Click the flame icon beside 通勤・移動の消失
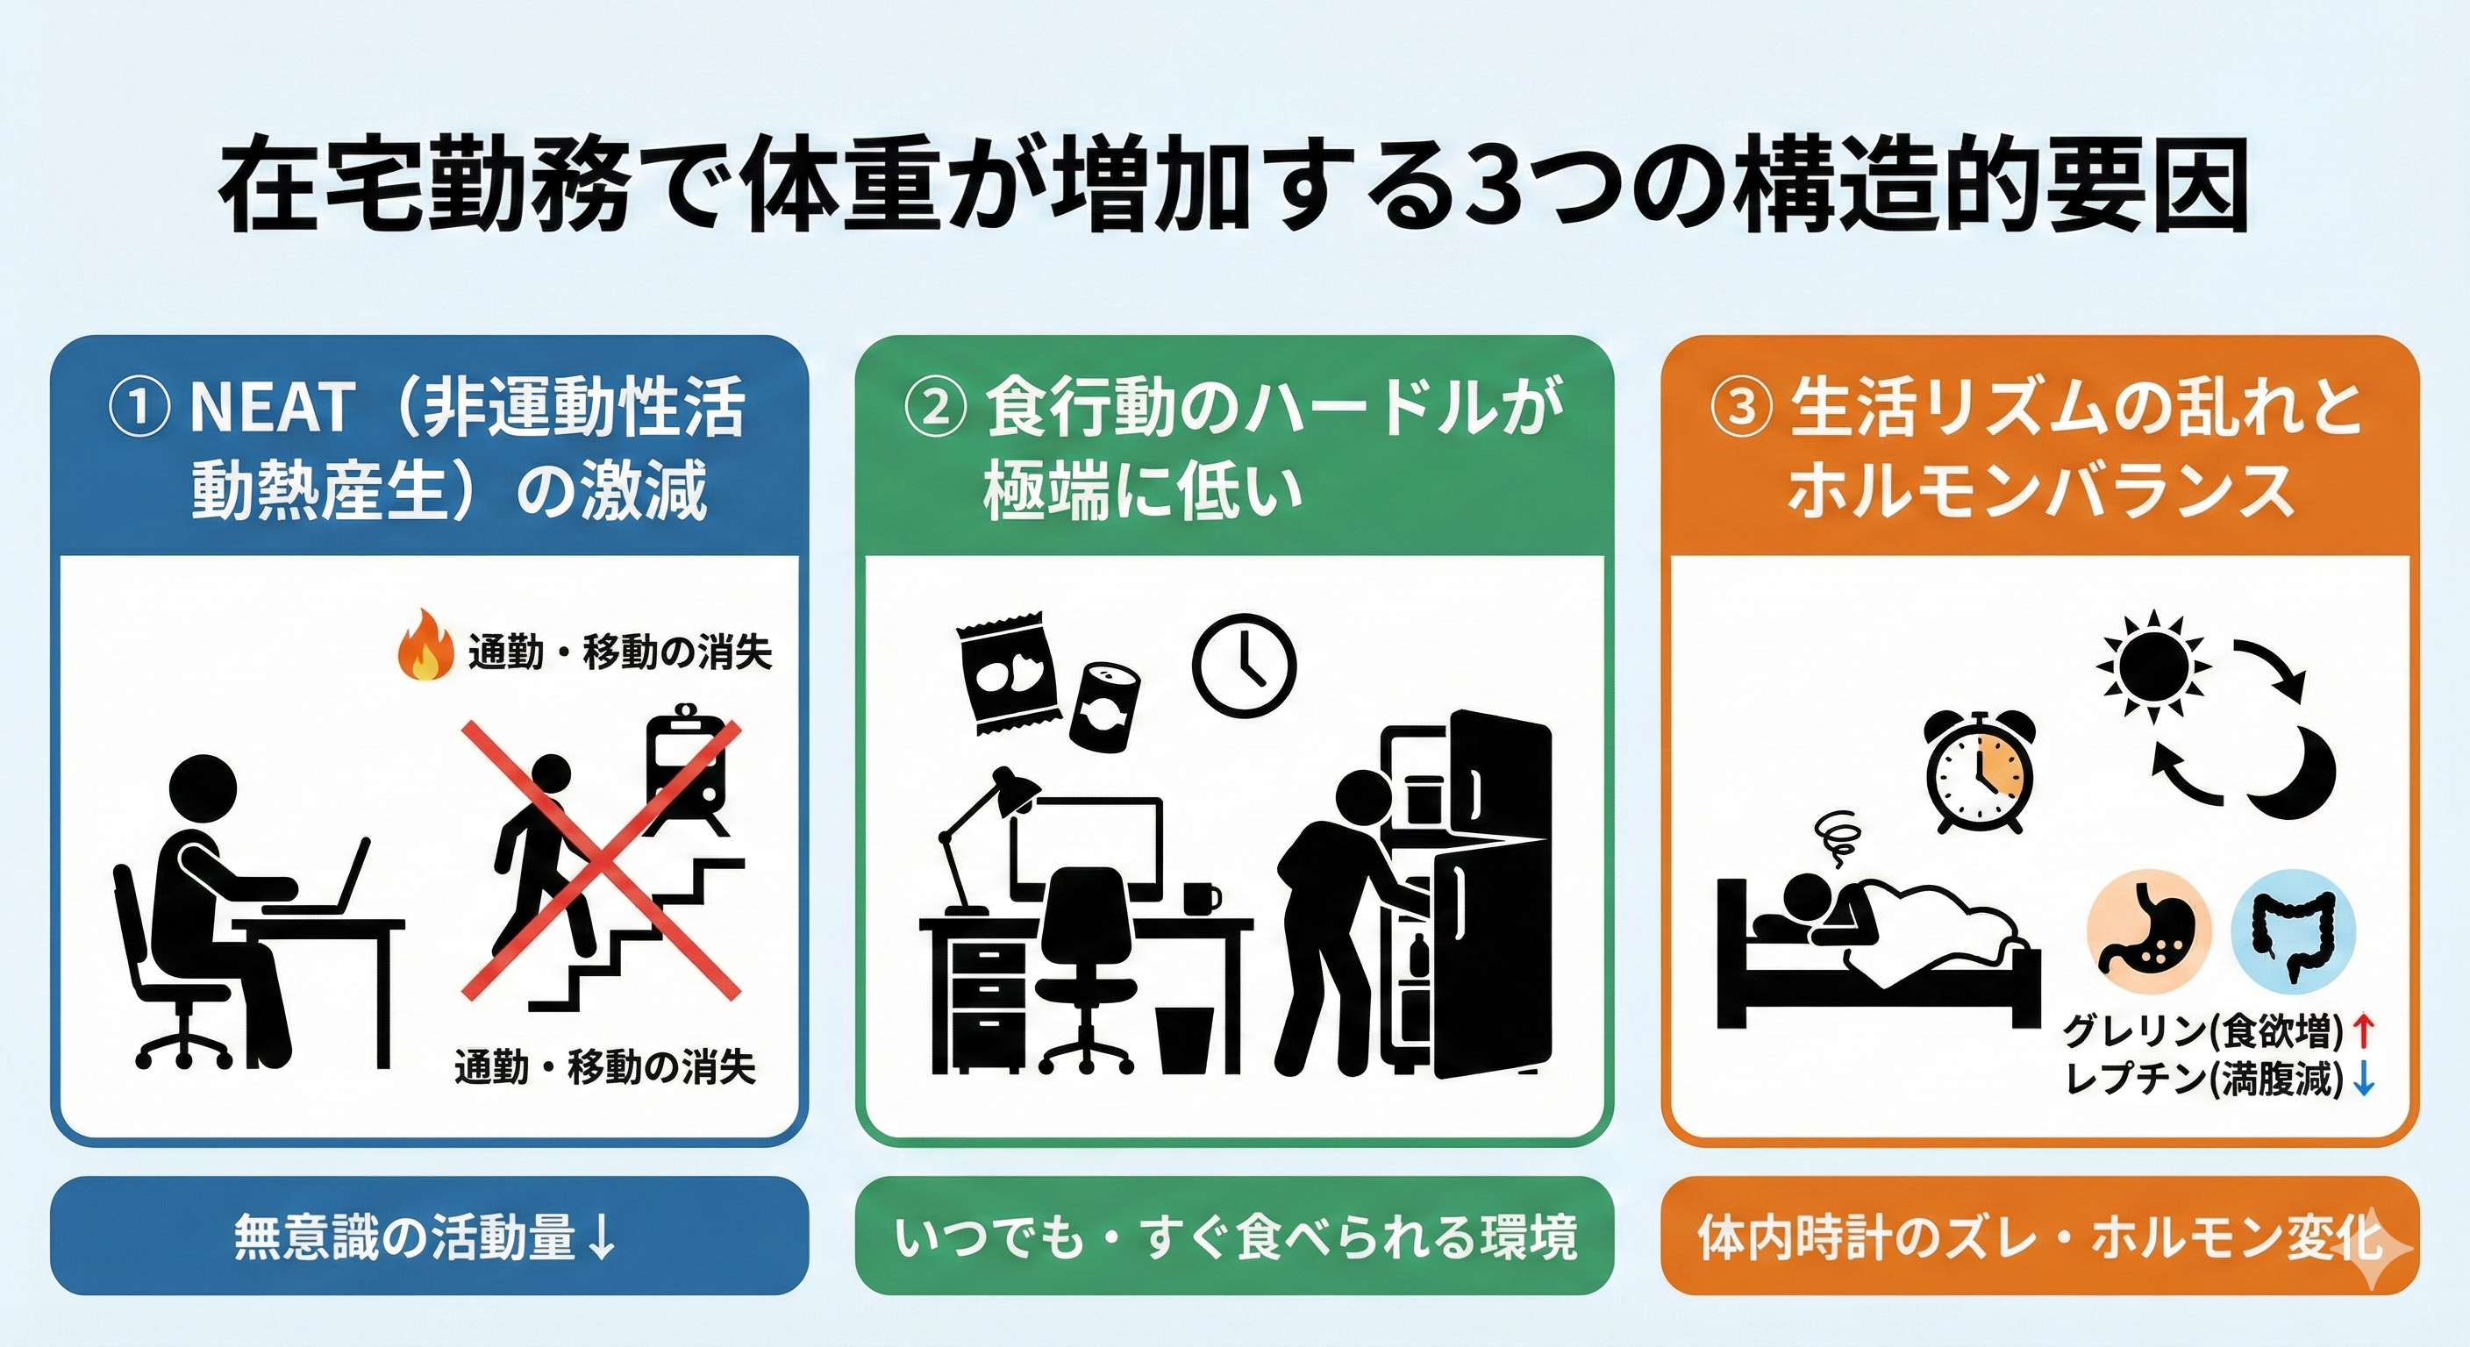coord(425,648)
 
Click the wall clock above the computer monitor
coord(1244,662)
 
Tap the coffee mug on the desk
coord(1202,899)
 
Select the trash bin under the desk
coord(1190,1039)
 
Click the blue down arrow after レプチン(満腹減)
coord(2365,1080)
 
